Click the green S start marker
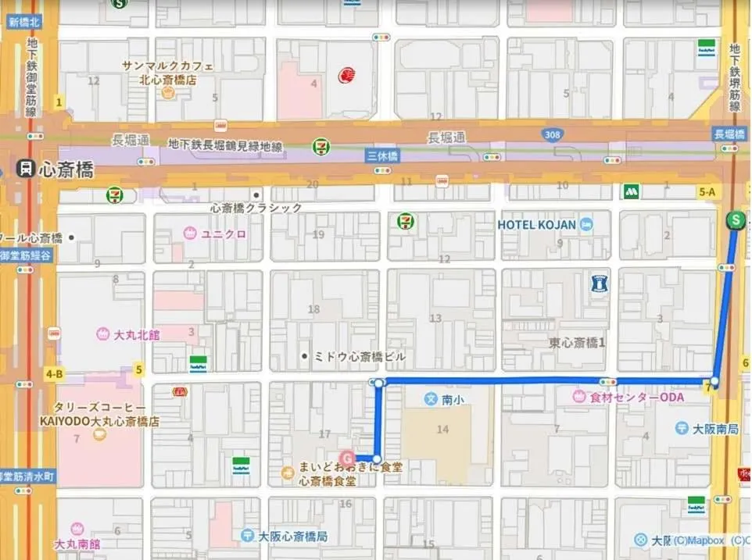click(x=735, y=220)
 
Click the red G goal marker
click(x=347, y=458)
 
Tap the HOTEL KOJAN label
click(x=537, y=225)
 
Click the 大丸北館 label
click(x=136, y=334)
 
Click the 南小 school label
click(x=453, y=399)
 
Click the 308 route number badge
click(x=553, y=135)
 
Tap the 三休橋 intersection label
click(x=382, y=156)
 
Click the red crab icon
click(x=347, y=76)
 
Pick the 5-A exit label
click(x=707, y=191)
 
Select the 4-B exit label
click(x=54, y=374)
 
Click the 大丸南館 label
click(x=77, y=544)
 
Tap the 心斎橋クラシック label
click(x=256, y=208)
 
